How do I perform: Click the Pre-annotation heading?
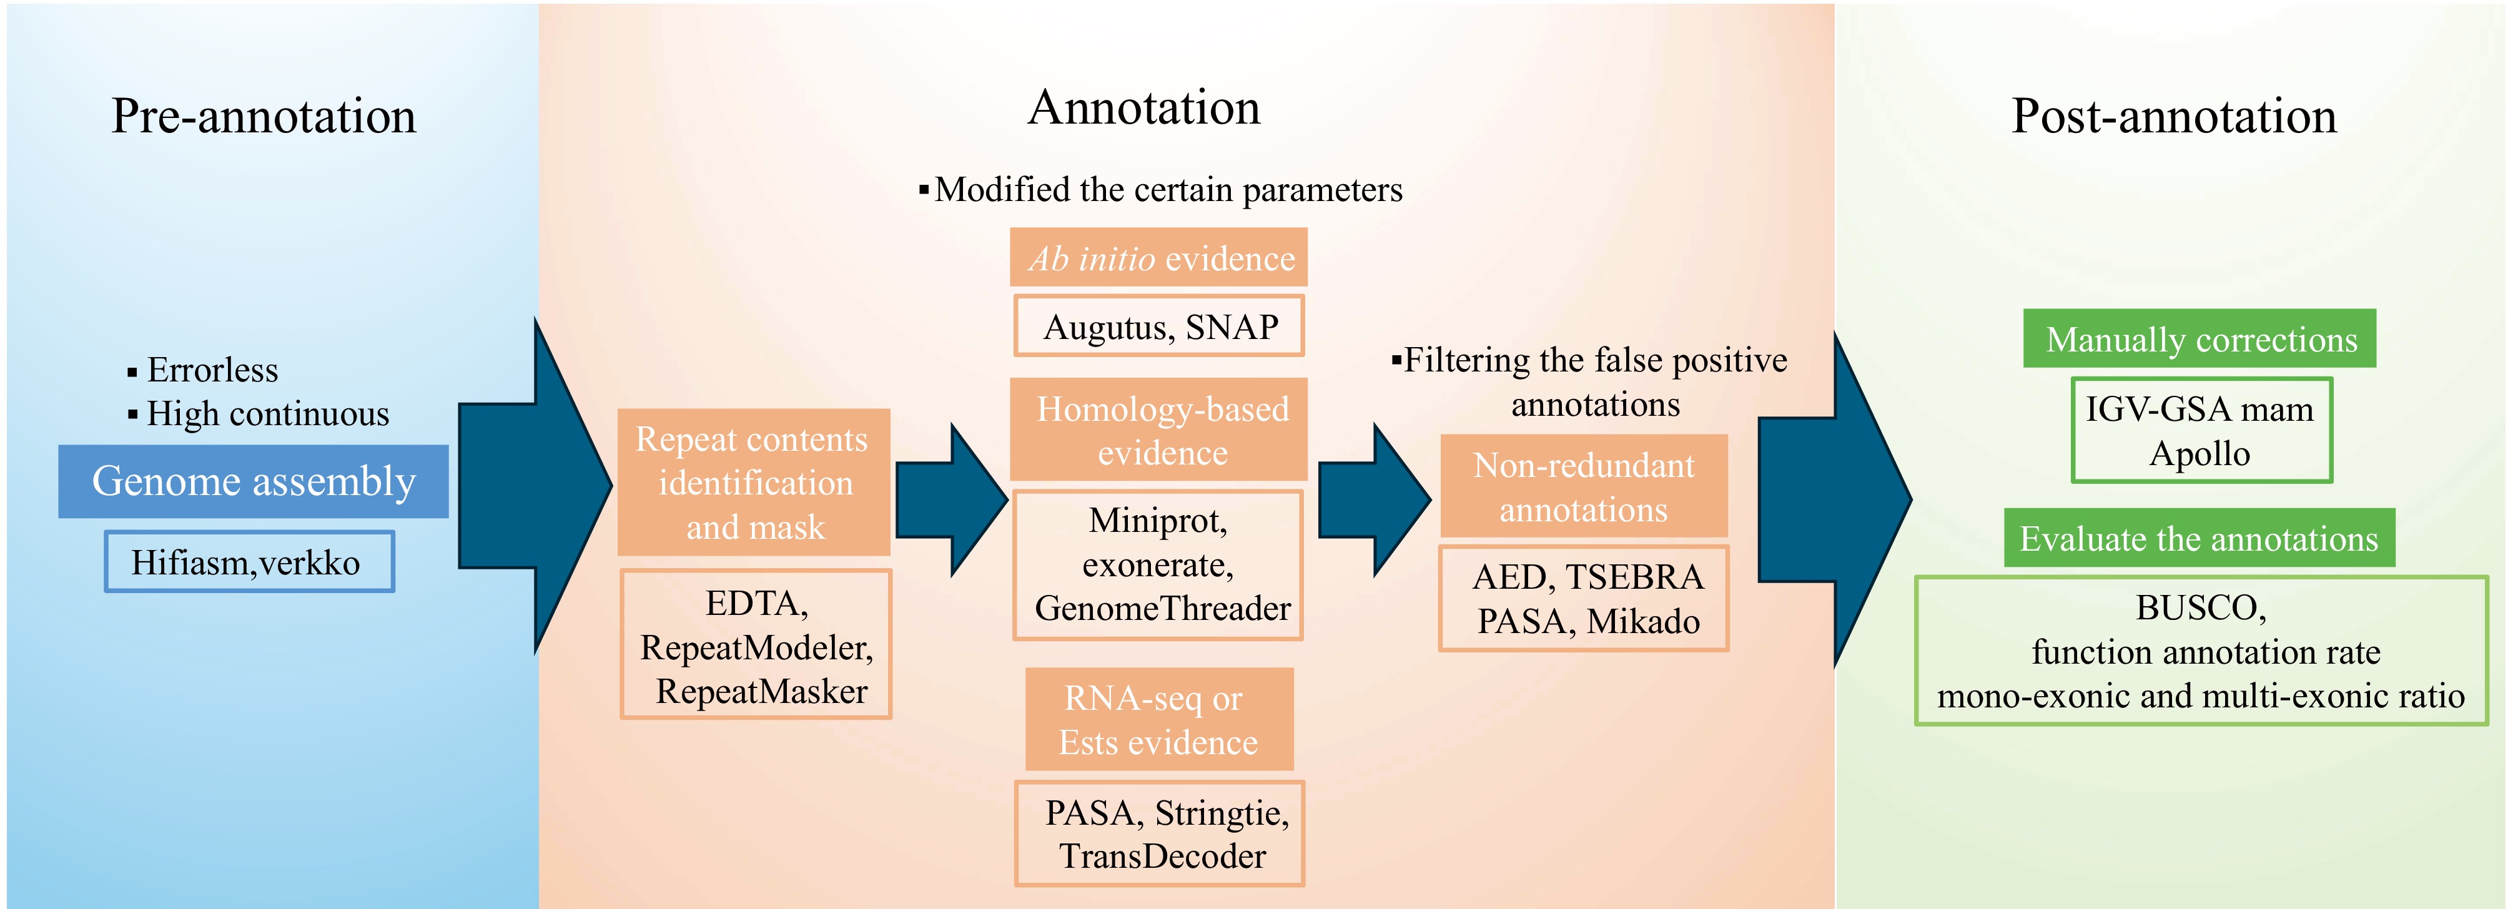(x=263, y=116)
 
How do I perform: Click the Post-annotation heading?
(x=2173, y=116)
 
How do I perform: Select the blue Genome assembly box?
(x=253, y=481)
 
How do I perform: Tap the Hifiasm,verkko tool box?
(x=249, y=561)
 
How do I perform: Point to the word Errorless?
(x=212, y=370)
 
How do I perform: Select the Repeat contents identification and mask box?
(x=754, y=482)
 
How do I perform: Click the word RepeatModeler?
(x=756, y=647)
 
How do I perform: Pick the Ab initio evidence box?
(x=1158, y=258)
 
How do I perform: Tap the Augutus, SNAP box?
(x=1158, y=326)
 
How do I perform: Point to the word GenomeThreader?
(x=1162, y=608)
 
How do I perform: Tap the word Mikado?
(x=1644, y=621)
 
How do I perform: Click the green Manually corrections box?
(x=2199, y=338)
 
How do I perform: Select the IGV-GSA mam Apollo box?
(x=2200, y=430)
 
